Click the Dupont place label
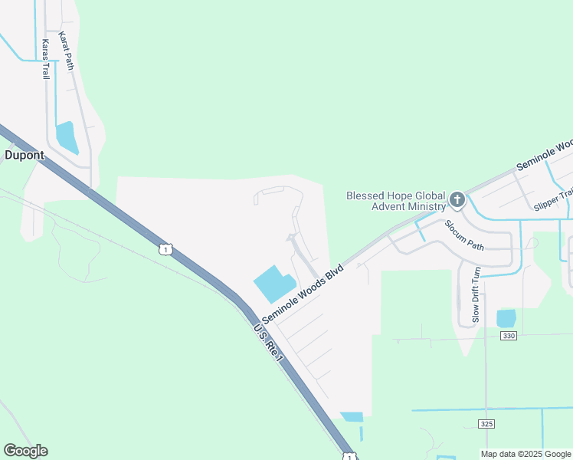pos(25,154)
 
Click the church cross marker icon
pos(457,201)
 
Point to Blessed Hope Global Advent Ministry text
pos(396,201)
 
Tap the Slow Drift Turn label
pos(476,294)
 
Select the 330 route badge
pos(508,336)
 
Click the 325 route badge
pos(486,424)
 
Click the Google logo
pos(25,451)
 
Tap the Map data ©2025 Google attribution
pos(526,454)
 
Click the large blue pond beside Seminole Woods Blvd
pos(273,284)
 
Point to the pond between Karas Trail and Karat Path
pos(67,136)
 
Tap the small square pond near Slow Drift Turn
pos(506,317)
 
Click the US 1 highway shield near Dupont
pos(166,248)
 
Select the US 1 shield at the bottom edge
pos(350,456)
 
